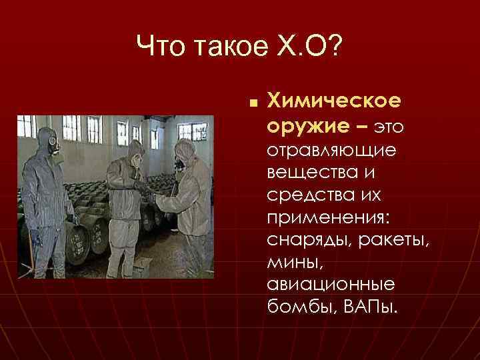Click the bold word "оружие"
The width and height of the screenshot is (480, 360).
point(304,125)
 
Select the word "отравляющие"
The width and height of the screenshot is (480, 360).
point(331,150)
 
